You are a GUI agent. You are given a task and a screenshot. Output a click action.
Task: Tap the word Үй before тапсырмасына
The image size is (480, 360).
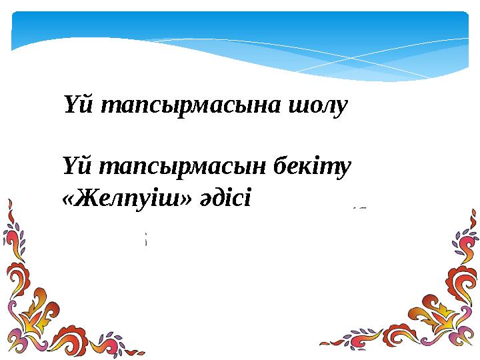tap(75, 105)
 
